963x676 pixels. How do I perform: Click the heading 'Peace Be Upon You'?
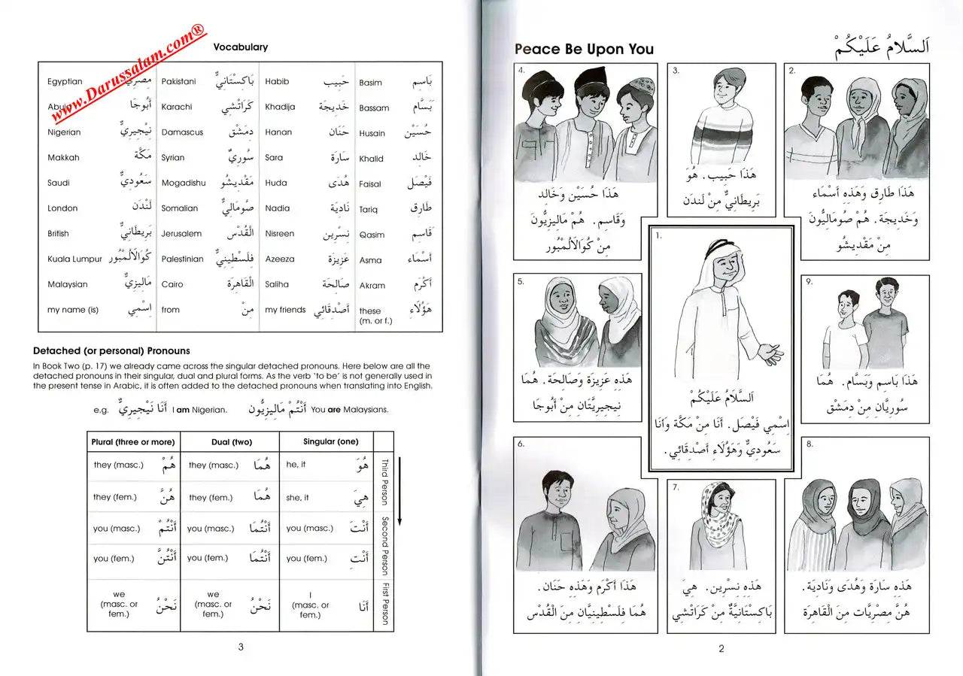pos(584,50)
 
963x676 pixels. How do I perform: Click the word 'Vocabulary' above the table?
pos(240,47)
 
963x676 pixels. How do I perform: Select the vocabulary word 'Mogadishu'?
pos(183,183)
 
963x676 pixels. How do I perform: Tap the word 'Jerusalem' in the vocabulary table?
pos(181,233)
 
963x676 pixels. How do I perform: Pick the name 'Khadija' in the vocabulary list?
pos(280,107)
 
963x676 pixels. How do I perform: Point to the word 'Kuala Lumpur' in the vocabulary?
pos(74,259)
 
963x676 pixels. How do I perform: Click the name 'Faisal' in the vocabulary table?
pos(370,183)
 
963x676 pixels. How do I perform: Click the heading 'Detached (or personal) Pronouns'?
pos(111,350)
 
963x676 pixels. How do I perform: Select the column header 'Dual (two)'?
pos(229,442)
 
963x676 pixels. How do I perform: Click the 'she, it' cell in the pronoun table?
pos(297,497)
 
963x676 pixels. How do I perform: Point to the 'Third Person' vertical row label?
pos(384,482)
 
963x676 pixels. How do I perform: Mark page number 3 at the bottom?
pos(240,647)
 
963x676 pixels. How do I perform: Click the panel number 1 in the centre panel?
pos(659,236)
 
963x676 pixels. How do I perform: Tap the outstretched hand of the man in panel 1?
pos(770,351)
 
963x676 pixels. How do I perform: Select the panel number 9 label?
pos(809,282)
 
